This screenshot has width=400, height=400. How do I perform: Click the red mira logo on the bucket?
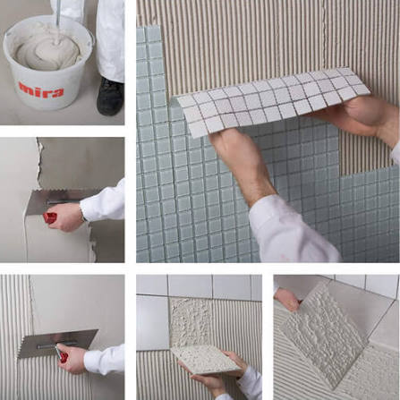click(x=41, y=90)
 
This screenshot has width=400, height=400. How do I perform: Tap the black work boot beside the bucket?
click(x=110, y=97)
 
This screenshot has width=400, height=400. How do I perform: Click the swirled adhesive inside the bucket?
click(x=47, y=48)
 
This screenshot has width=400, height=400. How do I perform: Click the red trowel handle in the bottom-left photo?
click(x=62, y=354)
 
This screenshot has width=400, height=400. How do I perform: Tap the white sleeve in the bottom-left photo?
click(x=105, y=360)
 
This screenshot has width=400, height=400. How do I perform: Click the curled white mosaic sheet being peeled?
click(x=271, y=101)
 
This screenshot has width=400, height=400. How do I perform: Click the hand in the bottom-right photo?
click(x=288, y=299)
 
